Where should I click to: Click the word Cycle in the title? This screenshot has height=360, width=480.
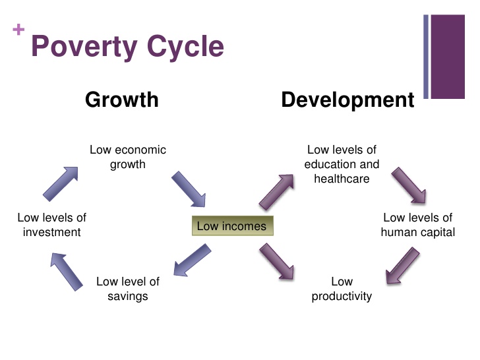[190, 47]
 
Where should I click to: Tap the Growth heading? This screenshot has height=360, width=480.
[122, 100]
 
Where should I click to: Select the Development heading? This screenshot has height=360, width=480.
[347, 100]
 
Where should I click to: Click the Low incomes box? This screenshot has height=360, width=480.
[232, 226]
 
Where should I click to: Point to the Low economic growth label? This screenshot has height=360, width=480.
[128, 157]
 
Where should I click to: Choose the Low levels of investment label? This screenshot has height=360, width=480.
[51, 224]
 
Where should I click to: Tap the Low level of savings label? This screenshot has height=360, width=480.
[128, 289]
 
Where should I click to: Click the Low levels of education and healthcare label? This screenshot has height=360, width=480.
[342, 164]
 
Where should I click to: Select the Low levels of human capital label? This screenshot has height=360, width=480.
[418, 224]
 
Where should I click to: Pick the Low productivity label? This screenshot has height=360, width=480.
[342, 289]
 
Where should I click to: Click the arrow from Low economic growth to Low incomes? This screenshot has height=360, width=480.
[189, 189]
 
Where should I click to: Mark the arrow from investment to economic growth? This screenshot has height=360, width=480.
[61, 183]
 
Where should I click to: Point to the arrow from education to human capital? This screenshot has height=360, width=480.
[409, 186]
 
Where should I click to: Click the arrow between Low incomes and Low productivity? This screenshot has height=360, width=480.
[277, 261]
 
